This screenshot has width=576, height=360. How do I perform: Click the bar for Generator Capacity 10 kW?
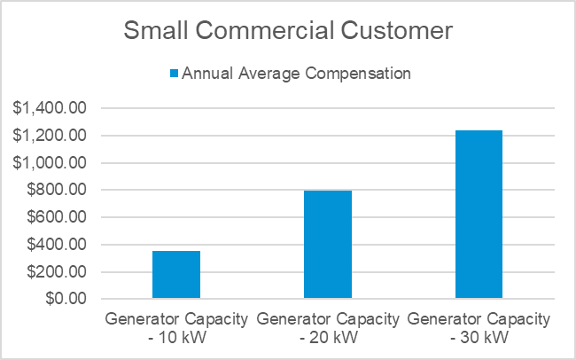click(x=176, y=275)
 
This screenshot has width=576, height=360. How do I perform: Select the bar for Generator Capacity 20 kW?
click(x=328, y=244)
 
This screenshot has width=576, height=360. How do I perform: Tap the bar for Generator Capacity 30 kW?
click(x=479, y=214)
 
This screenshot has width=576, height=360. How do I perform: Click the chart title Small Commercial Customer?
click(x=288, y=31)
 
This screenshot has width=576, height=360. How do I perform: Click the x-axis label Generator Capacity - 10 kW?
click(x=176, y=326)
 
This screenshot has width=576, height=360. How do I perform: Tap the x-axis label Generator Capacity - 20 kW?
click(x=328, y=326)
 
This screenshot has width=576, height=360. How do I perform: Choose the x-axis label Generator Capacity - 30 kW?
click(x=479, y=326)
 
